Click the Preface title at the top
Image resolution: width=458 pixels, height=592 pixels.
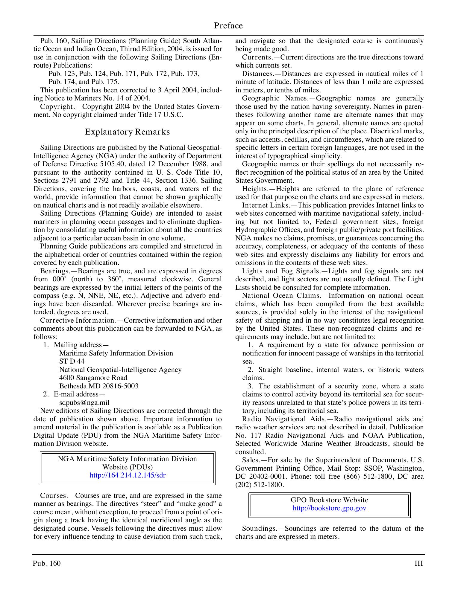click(228, 26)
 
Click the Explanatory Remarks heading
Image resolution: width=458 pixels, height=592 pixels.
click(127, 132)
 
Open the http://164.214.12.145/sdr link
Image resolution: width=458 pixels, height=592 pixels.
click(128, 475)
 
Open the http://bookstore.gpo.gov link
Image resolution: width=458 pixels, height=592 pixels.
click(329, 508)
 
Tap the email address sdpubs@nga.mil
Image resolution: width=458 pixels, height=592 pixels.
click(84, 402)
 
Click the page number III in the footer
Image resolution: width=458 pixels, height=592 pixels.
click(419, 564)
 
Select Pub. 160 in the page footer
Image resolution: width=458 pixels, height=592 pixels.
click(47, 564)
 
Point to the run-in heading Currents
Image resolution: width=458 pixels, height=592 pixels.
click(257, 57)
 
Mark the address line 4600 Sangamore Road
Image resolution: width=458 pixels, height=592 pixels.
click(93, 378)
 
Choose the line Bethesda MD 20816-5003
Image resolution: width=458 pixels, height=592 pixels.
click(99, 386)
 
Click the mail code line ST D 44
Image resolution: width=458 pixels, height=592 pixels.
click(72, 361)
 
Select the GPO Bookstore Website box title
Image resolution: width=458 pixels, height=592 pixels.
click(329, 500)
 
